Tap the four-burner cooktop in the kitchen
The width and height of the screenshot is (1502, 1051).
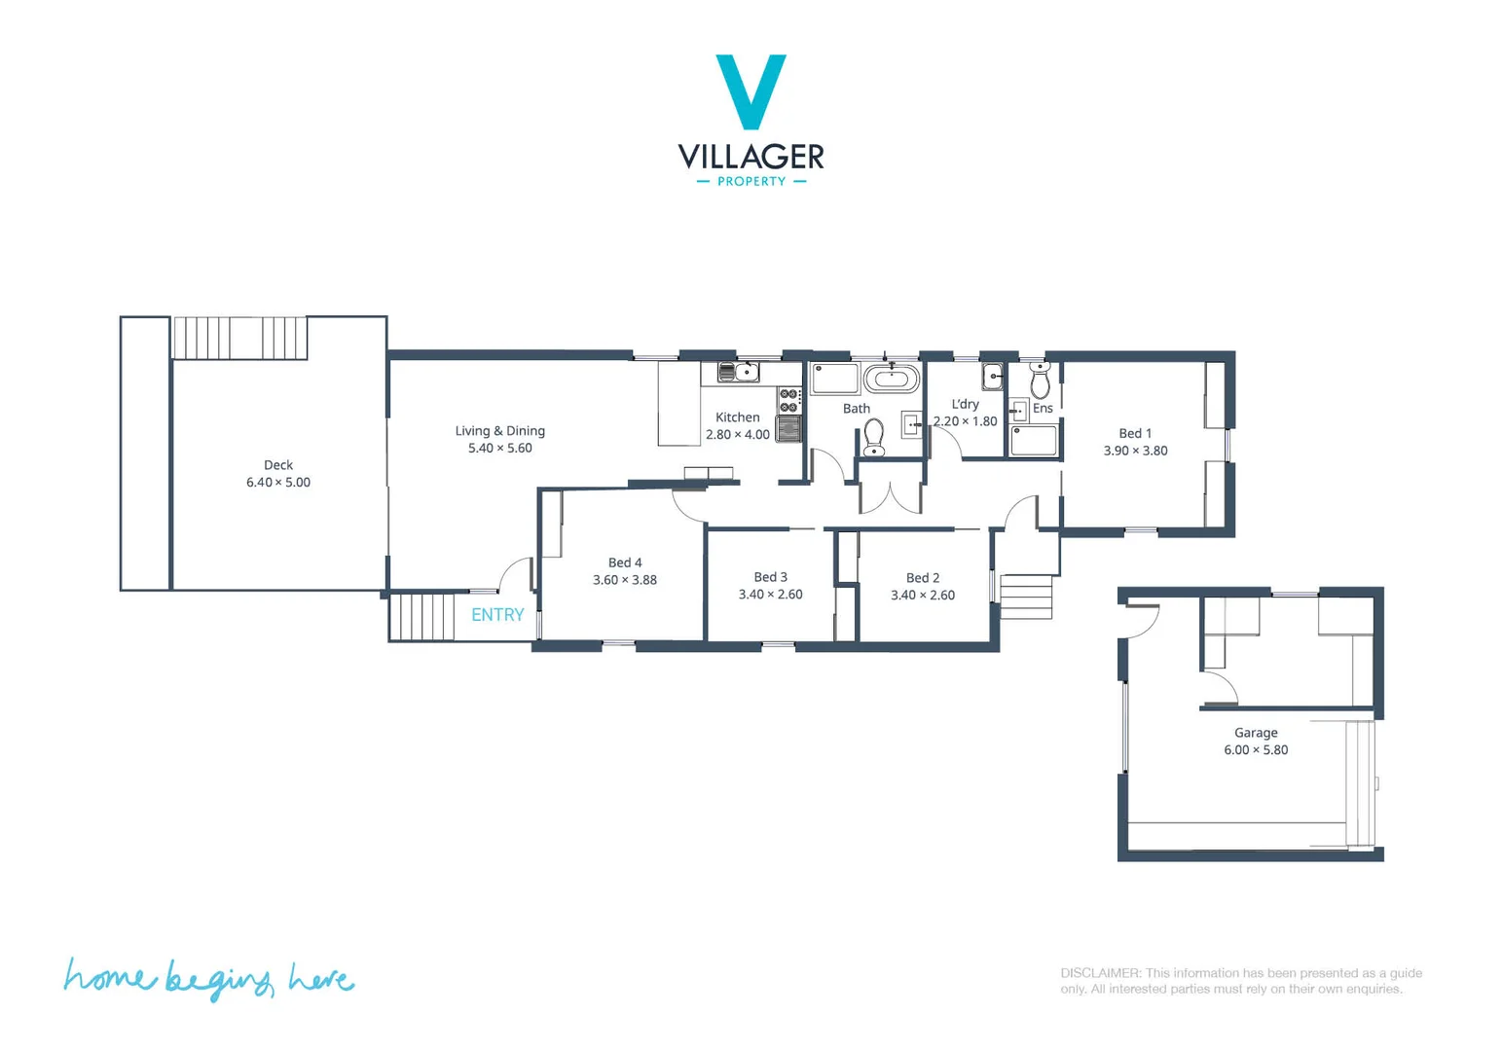point(788,401)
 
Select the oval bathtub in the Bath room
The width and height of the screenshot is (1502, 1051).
point(891,379)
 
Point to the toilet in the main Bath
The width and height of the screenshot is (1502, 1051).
point(874,437)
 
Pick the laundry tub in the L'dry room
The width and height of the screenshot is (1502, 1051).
point(992,376)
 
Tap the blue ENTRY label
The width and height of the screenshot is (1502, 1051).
point(497,615)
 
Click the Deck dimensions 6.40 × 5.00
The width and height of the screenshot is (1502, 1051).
point(278,483)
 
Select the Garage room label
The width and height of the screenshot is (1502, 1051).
point(1256,733)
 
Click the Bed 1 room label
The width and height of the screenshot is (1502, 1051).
point(1135,433)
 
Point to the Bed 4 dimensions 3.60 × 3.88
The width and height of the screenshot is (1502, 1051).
point(625,580)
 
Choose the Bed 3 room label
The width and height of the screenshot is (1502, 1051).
point(770,577)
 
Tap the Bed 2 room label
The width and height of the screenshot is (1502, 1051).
point(923,578)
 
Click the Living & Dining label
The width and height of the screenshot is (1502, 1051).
point(499,431)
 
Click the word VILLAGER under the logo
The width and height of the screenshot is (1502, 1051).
point(751,157)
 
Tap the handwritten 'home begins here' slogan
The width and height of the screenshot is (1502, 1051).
point(208,978)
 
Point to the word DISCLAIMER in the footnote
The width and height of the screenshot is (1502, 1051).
point(1100,973)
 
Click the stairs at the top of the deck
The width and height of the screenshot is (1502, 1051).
point(239,338)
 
